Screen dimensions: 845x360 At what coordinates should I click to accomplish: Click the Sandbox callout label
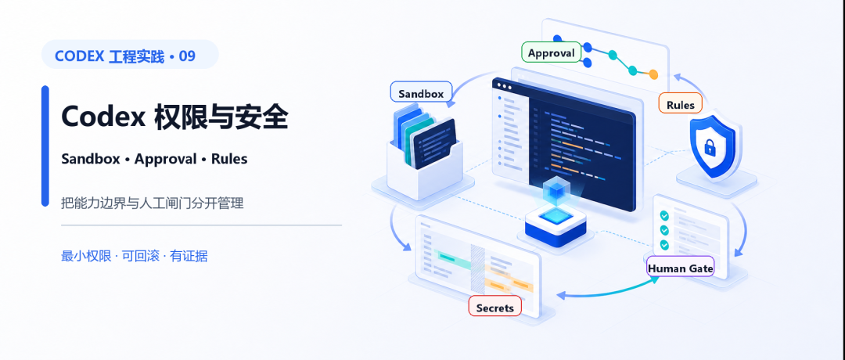(421, 93)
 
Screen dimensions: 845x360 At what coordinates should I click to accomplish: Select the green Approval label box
(552, 52)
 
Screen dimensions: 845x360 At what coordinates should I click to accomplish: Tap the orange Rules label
(680, 105)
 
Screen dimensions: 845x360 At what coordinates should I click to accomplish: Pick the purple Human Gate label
(680, 268)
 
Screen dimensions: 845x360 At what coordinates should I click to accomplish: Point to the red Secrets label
(494, 308)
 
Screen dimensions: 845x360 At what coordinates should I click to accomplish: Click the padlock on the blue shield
(709, 146)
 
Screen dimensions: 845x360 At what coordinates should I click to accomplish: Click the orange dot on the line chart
(653, 74)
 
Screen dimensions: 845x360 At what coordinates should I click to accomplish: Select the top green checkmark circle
(664, 215)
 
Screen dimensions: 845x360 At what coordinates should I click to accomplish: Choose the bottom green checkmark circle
(664, 245)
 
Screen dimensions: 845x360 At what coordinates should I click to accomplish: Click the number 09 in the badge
(187, 56)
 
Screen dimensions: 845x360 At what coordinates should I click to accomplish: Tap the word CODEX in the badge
(79, 56)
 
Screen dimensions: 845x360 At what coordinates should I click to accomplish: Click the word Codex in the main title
(103, 117)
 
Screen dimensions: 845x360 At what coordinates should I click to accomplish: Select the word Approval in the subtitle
(165, 159)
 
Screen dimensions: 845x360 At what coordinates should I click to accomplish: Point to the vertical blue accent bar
(45, 146)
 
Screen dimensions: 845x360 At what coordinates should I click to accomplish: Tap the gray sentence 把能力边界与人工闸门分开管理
(153, 203)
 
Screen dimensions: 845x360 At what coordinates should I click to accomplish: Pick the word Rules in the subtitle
(229, 159)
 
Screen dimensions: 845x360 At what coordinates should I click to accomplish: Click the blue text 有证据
(189, 256)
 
